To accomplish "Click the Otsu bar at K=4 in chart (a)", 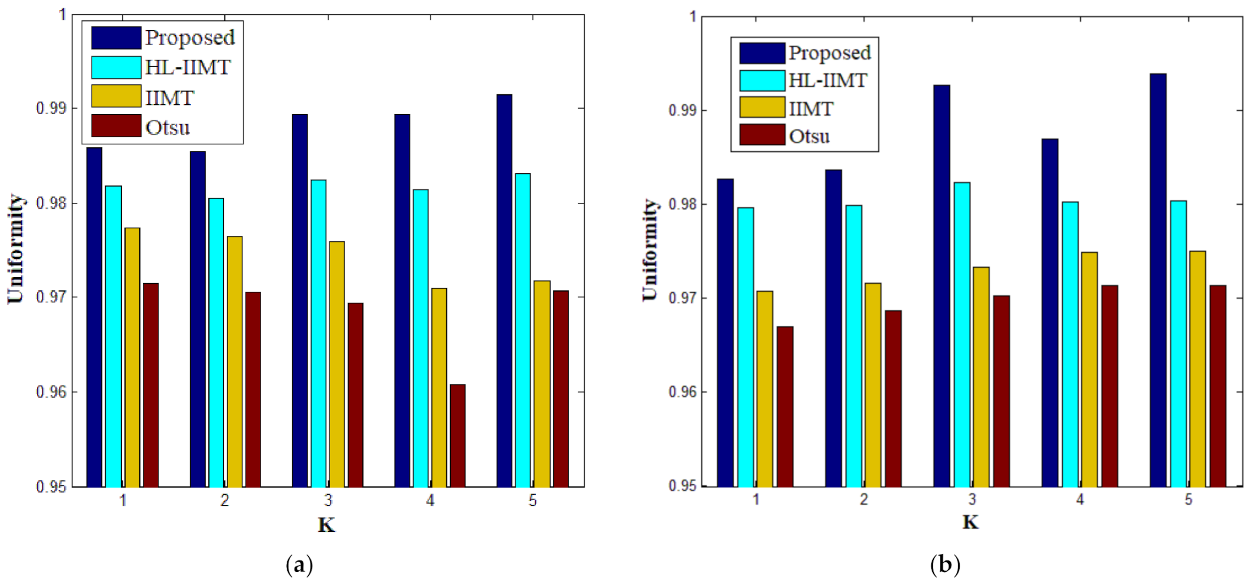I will click(457, 435).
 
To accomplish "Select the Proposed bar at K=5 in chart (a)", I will click(504, 291).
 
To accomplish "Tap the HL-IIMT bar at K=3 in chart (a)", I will click(319, 333).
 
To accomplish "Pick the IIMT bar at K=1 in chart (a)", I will click(132, 357).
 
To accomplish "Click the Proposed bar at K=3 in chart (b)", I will click(942, 286).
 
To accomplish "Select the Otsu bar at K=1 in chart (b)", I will click(785, 406).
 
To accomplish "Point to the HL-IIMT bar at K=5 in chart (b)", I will click(1178, 343).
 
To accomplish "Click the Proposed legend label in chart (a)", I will click(190, 38).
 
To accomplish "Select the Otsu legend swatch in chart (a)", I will click(116, 126).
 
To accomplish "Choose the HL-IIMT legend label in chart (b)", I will click(827, 81).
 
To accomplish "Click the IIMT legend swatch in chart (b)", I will click(762, 107).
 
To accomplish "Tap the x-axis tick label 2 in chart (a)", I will click(225, 500).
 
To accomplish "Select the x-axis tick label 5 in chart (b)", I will click(1188, 500).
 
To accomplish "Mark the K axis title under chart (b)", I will click(970, 522).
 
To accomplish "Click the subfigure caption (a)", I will click(299, 565).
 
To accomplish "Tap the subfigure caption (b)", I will click(945, 565).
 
